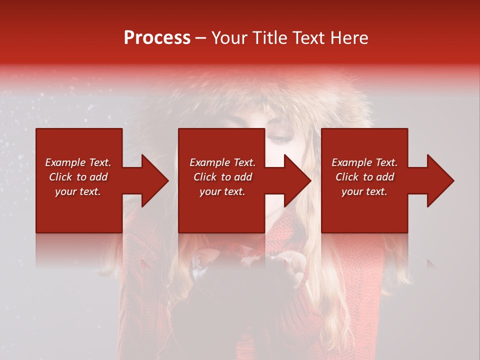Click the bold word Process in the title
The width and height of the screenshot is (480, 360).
click(x=157, y=38)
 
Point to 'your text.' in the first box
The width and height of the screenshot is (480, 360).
click(x=78, y=191)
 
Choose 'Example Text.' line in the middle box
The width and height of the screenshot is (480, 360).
click(x=222, y=162)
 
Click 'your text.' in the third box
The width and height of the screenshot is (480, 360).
click(x=364, y=191)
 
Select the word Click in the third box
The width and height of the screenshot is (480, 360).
click(x=347, y=177)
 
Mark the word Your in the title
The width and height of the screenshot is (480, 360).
click(x=229, y=38)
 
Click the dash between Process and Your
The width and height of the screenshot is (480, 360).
click(x=200, y=38)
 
